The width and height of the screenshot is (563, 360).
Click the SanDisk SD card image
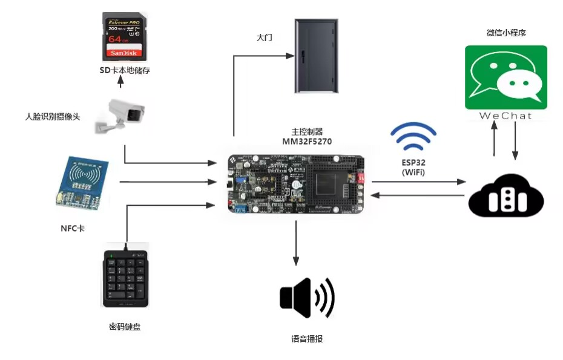click(x=123, y=36)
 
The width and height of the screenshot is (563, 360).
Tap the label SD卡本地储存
click(x=125, y=70)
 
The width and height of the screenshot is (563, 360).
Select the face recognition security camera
click(x=120, y=114)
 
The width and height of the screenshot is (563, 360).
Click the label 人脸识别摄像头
click(x=53, y=116)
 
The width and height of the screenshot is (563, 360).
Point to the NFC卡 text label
click(x=73, y=229)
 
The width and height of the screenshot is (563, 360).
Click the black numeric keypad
click(x=125, y=278)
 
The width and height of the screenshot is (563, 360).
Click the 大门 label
click(x=264, y=38)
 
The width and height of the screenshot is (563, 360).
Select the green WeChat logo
click(x=505, y=77)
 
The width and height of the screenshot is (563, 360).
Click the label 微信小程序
click(x=506, y=33)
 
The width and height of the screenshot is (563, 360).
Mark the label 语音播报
click(x=307, y=339)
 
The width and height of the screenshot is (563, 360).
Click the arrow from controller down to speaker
click(x=296, y=242)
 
